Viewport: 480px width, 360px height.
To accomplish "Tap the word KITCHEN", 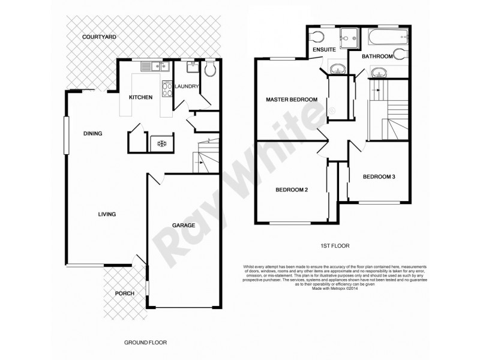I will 140,98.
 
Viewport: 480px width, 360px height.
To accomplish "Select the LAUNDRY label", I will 187,86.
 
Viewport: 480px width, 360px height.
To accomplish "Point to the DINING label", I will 92,134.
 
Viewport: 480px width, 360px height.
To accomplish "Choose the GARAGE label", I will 184,226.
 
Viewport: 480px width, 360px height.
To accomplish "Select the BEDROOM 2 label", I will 292,190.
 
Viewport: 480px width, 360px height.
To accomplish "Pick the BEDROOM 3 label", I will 379,177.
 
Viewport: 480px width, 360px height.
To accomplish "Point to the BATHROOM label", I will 377,56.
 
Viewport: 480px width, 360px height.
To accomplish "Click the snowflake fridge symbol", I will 161,143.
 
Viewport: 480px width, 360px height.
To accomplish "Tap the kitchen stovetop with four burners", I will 167,89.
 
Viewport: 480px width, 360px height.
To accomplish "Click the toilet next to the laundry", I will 208,71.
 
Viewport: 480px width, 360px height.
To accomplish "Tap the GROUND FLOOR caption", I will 145,343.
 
